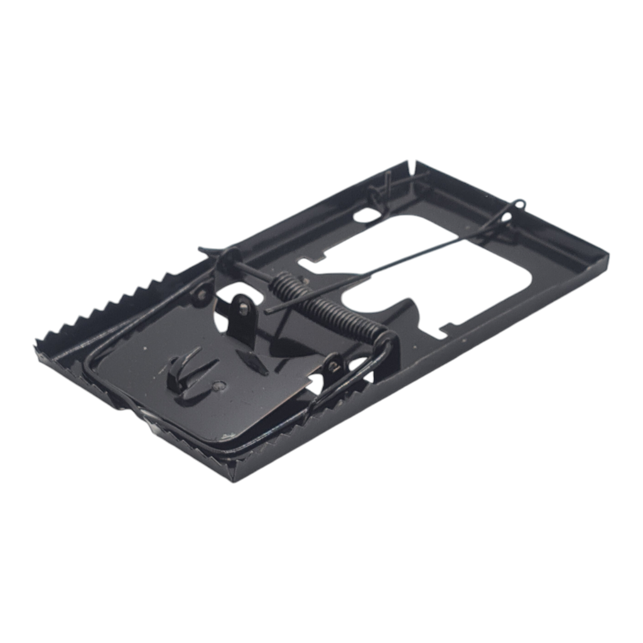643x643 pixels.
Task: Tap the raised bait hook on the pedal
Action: click(182, 370)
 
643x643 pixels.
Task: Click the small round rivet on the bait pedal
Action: click(218, 386)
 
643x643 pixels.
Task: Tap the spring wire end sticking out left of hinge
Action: click(203, 251)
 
